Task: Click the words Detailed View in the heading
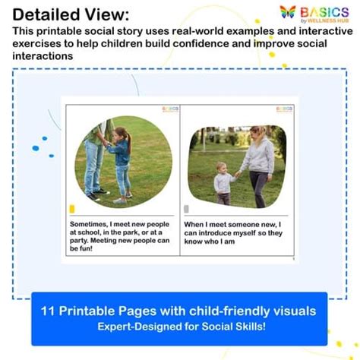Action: click(x=71, y=14)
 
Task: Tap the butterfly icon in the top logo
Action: click(x=288, y=12)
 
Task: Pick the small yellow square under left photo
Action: click(x=72, y=209)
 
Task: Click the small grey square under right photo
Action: click(x=187, y=209)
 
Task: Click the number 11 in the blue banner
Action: click(x=48, y=311)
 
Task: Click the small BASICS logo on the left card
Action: click(x=169, y=109)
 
